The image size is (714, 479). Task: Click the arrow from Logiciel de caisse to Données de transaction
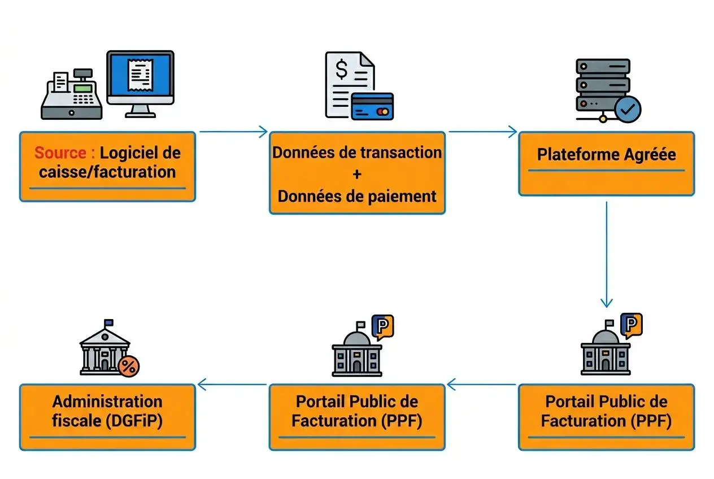coord(233,132)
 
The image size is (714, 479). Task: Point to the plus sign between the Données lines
coord(356,175)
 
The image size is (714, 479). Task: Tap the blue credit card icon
coord(372,106)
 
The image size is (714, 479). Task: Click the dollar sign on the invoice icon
coord(342,70)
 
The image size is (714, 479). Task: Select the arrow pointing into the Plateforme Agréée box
coord(482,132)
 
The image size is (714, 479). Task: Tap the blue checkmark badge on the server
coord(628,108)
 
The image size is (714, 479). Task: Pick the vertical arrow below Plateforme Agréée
coord(606,254)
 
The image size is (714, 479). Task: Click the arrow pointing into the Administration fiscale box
coord(233,385)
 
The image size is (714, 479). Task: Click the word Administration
coord(107,402)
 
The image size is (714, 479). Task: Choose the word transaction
coord(402,153)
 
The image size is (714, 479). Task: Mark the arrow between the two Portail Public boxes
coord(481,385)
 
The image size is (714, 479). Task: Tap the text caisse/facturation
coord(107,172)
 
